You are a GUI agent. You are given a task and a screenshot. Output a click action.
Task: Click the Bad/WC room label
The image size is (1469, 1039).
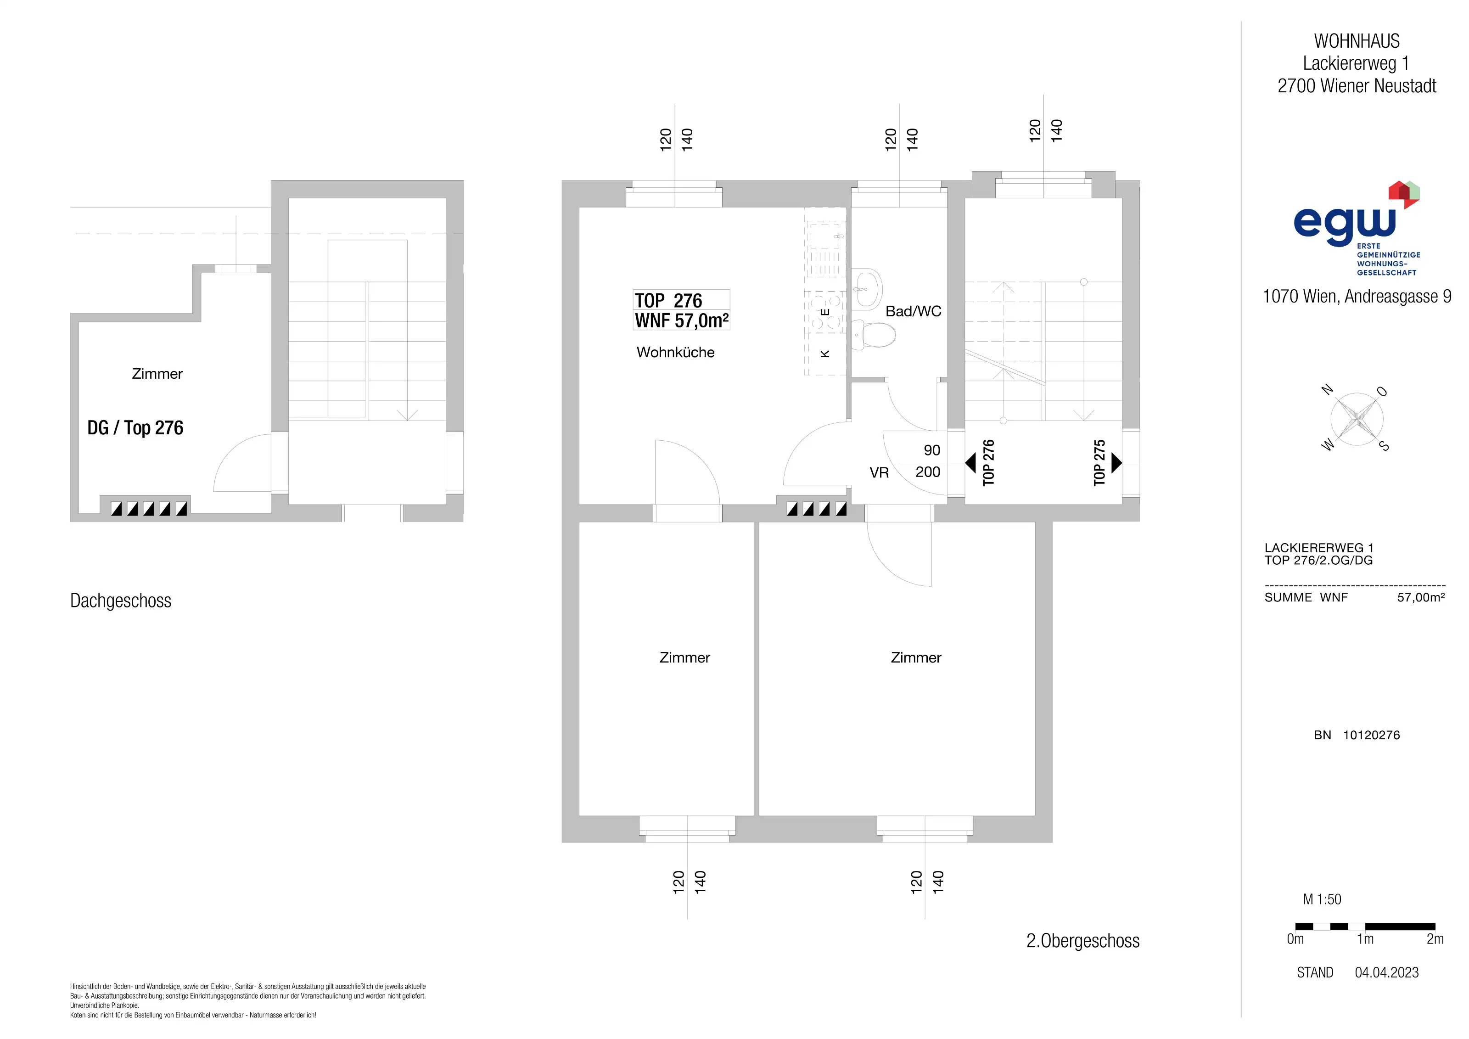click(913, 312)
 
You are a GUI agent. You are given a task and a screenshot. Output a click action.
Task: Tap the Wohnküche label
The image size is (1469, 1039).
click(676, 353)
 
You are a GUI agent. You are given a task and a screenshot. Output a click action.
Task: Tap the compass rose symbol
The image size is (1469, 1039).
click(1357, 420)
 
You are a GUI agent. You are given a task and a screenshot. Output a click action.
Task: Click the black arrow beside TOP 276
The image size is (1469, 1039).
click(970, 462)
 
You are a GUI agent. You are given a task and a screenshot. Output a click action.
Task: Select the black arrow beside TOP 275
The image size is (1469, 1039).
click(1116, 462)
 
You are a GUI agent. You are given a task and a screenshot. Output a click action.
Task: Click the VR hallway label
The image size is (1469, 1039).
click(879, 473)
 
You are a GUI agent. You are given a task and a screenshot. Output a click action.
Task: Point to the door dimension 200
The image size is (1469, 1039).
click(928, 472)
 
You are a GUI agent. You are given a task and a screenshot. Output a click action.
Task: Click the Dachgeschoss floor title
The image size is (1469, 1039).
click(121, 601)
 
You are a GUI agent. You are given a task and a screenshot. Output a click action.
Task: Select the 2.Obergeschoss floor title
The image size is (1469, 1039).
click(1082, 941)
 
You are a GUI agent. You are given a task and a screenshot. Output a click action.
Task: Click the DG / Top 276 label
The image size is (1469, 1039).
click(135, 428)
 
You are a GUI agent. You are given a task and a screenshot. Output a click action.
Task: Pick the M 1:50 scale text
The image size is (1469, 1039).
click(1322, 899)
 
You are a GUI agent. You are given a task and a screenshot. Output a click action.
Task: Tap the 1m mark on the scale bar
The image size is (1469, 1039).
click(1365, 939)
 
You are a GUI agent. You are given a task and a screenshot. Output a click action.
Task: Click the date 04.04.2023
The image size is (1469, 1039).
click(1386, 972)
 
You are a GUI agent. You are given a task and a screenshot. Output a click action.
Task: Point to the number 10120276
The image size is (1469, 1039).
click(1371, 735)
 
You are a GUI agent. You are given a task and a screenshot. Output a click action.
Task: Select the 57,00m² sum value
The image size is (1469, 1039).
click(1421, 598)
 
